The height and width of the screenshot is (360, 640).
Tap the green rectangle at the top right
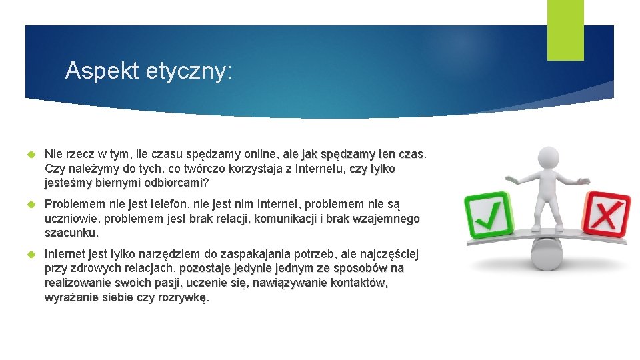565,30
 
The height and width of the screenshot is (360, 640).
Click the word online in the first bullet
261,155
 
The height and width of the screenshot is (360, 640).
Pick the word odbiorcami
173,183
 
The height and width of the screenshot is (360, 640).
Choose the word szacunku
70,233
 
